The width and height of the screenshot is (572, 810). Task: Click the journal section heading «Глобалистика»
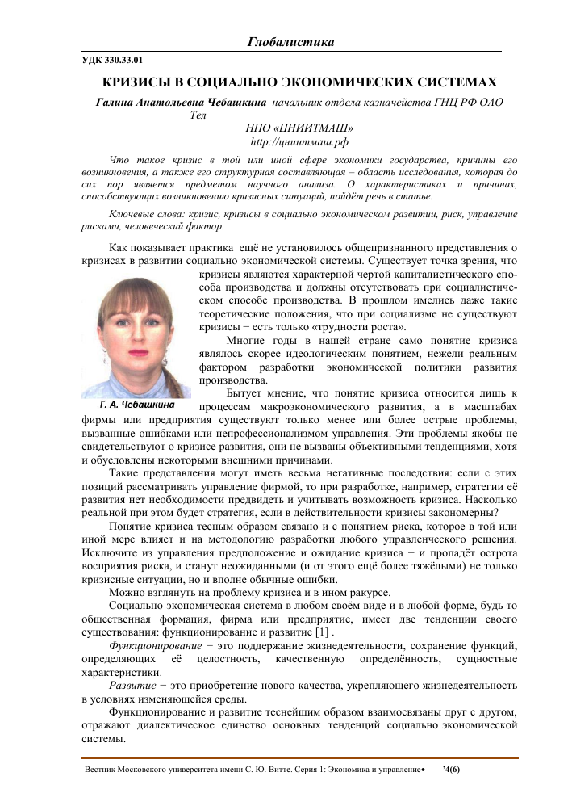point(290,42)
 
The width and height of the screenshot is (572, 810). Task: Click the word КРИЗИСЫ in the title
point(136,82)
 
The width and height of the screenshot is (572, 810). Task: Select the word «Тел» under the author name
point(198,115)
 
